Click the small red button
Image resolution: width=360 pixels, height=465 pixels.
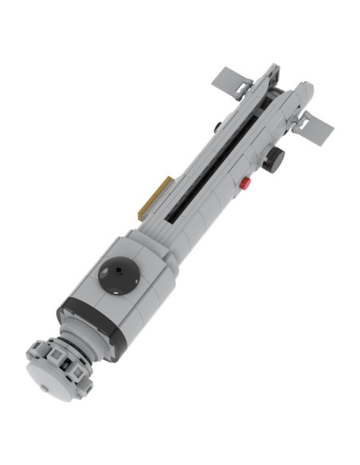tap(245, 183)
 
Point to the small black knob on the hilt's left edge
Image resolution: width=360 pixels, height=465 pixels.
tap(217, 126)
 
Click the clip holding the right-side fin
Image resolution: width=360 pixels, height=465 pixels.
tap(301, 121)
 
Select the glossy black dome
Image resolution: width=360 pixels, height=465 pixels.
tap(118, 274)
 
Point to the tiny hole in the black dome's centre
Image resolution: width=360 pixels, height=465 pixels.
tap(118, 272)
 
